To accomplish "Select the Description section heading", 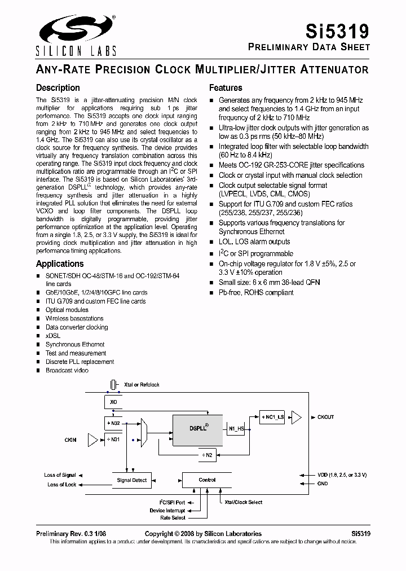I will (58, 88).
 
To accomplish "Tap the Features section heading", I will (226, 88).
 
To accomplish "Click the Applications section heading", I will (60, 264).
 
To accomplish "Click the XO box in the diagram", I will (113, 401).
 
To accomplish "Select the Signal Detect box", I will (131, 480).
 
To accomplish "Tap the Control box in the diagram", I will (207, 480).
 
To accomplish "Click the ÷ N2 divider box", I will (207, 454).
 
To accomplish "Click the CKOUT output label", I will (325, 417).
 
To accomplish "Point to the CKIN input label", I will (70, 439).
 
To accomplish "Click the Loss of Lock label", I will (61, 485).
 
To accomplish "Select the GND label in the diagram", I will (323, 484).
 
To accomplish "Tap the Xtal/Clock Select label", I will (243, 502).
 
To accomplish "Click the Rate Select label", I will (173, 517).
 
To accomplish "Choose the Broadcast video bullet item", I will (67, 371).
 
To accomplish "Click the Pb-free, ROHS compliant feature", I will (256, 293).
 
